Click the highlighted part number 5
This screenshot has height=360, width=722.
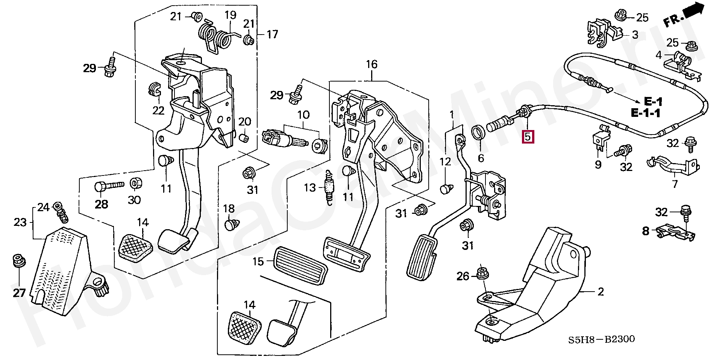(x=528, y=136)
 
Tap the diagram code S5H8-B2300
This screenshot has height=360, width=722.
(x=601, y=339)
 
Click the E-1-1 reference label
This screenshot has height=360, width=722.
(x=645, y=113)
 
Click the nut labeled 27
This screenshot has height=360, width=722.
(x=18, y=260)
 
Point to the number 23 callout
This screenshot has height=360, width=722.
(x=20, y=222)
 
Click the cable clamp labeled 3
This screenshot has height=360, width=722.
(x=604, y=32)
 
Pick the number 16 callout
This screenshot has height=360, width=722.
(x=372, y=64)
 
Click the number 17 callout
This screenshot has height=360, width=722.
(x=272, y=35)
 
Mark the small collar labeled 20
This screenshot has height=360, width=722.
(x=244, y=137)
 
